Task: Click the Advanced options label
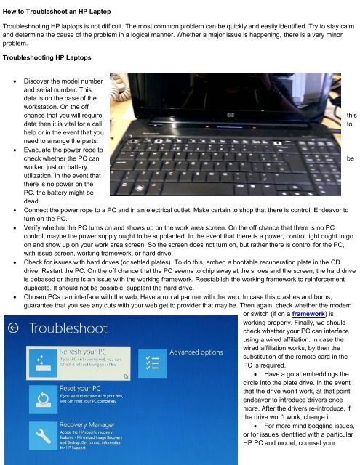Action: [196, 352]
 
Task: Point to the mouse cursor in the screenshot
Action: [127, 376]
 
